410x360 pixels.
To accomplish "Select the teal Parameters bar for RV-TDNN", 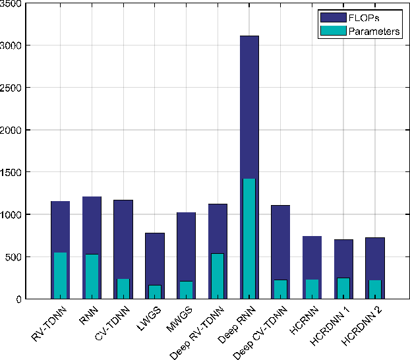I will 60,276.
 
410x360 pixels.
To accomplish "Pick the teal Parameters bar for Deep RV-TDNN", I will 218,276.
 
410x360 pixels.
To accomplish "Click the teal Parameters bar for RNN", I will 92,277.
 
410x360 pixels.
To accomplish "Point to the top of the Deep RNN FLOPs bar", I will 249,36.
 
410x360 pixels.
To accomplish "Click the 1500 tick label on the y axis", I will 12,172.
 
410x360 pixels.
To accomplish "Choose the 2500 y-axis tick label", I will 12,88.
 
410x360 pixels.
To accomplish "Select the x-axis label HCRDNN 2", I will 362,326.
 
